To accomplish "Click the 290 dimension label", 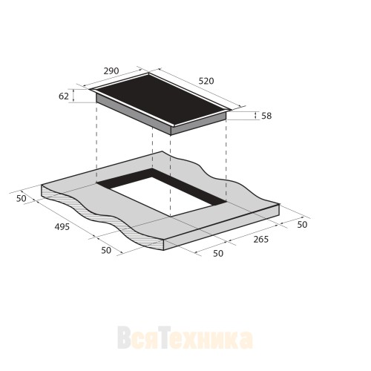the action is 111,71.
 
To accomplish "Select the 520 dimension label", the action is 206,81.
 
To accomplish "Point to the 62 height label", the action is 64,96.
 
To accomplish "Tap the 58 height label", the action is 266,116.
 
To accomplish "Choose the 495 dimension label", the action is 62,227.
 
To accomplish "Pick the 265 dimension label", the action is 261,239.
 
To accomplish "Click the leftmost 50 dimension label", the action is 22,198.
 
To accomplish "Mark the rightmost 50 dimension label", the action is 302,224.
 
